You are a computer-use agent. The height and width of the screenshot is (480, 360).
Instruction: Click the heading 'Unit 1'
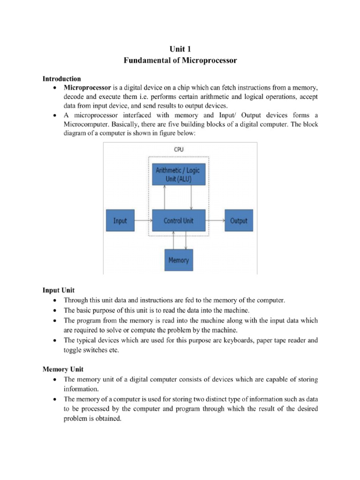[180, 48]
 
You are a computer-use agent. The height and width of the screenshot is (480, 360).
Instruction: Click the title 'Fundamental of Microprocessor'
[180, 60]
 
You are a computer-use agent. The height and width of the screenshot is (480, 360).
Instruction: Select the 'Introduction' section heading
[62, 79]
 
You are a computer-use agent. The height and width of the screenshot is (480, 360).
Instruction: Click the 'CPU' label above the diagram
[179, 150]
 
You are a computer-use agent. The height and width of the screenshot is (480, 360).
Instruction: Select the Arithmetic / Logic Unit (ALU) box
[178, 174]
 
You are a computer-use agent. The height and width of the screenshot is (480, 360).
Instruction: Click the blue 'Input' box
[120, 221]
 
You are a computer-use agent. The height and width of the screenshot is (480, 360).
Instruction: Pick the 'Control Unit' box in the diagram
[178, 221]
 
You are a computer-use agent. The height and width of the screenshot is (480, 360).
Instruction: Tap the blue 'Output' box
[239, 221]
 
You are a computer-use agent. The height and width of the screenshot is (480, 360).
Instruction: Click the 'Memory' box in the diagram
[178, 260]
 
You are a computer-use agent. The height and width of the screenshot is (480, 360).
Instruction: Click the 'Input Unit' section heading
[59, 291]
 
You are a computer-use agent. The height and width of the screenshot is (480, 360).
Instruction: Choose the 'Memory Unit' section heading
[63, 369]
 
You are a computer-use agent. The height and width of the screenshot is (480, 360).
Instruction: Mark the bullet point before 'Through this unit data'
[55, 300]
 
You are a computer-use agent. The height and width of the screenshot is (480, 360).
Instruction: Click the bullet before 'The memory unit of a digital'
[55, 379]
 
